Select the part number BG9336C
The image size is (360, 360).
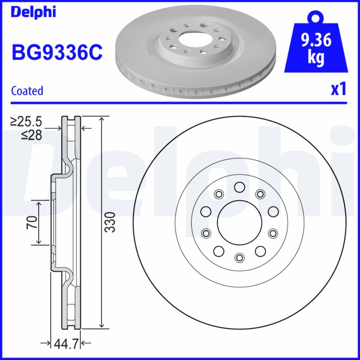(x=57, y=53)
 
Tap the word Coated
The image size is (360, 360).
(x=27, y=90)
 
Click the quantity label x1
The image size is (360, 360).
(x=338, y=90)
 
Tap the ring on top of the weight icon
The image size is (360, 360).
(x=315, y=18)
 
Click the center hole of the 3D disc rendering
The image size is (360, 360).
(x=195, y=40)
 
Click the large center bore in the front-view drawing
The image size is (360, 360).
(x=239, y=222)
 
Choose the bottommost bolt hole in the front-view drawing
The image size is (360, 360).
(x=239, y=257)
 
